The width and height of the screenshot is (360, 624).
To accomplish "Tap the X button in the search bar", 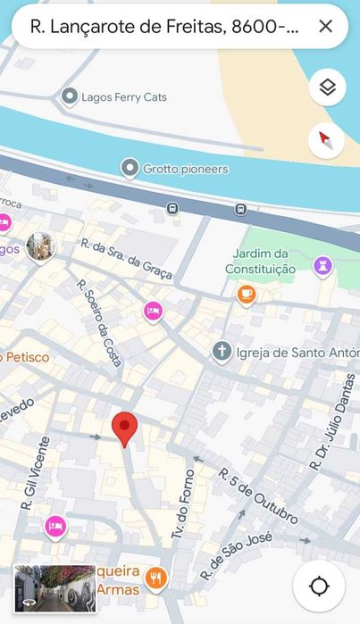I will click(x=326, y=27).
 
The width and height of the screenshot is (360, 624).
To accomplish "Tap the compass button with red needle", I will click(x=326, y=141).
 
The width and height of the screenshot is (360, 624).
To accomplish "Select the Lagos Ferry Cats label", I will click(x=123, y=96).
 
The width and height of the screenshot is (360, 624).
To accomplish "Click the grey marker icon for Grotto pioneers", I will click(x=130, y=168).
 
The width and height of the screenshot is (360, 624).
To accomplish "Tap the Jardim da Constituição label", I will click(x=260, y=261).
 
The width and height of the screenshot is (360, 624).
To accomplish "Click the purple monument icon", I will click(x=323, y=265).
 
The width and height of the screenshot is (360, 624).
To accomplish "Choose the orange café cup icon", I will click(x=247, y=293).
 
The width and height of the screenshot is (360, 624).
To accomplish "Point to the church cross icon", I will click(x=222, y=351).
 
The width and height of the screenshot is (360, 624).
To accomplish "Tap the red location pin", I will click(x=125, y=428).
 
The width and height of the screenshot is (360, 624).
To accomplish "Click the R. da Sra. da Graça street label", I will click(x=126, y=259).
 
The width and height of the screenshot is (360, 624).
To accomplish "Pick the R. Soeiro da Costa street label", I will click(x=99, y=322).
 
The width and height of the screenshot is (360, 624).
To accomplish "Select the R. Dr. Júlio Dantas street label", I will click(x=332, y=422).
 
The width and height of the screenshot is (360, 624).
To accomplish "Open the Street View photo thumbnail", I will click(x=54, y=588).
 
